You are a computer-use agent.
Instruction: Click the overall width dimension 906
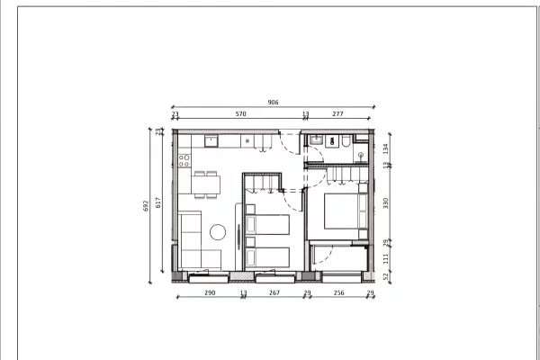pyautogui.click(x=273, y=103)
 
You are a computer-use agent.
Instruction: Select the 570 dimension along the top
pyautogui.click(x=240, y=114)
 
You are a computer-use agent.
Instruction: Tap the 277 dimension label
pyautogui.click(x=337, y=114)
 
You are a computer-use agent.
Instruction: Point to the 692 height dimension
pyautogui.click(x=147, y=204)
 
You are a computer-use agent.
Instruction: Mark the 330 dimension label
pyautogui.click(x=385, y=203)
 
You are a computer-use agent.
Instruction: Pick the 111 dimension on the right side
pyautogui.click(x=385, y=257)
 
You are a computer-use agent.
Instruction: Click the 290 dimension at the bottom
pyautogui.click(x=210, y=293)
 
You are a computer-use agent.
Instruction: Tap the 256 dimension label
pyautogui.click(x=338, y=293)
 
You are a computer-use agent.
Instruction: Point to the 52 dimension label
pyautogui.click(x=385, y=276)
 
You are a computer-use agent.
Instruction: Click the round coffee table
pyautogui.click(x=218, y=232)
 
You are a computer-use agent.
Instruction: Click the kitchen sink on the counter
pyautogui.click(x=211, y=141)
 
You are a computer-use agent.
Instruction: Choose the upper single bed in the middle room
pyautogui.click(x=267, y=223)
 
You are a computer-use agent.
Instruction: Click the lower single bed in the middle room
pyautogui.click(x=267, y=256)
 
